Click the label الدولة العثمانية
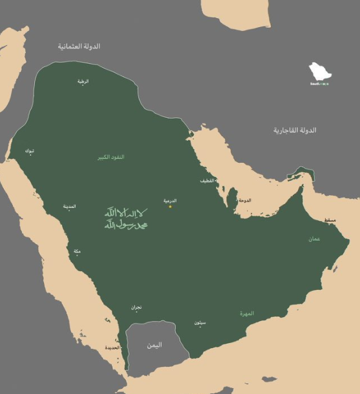pyautogui.click(x=79, y=47)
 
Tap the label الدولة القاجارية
pyautogui.click(x=295, y=130)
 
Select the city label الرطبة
pyautogui.click(x=83, y=81)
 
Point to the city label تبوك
pyautogui.click(x=30, y=150)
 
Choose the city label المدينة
pyautogui.click(x=69, y=206)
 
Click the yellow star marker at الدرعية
pyautogui.click(x=170, y=207)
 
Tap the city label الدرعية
pyautogui.click(x=170, y=200)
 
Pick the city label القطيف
pyautogui.click(x=208, y=180)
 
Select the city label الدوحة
pyautogui.click(x=245, y=200)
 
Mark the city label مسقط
pyautogui.click(x=330, y=220)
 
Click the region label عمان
pyautogui.click(x=314, y=239)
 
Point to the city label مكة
pyautogui.click(x=77, y=251)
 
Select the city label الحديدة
pyautogui.click(x=112, y=347)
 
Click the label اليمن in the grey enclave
pyautogui.click(x=154, y=345)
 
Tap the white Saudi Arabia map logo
pyautogui.click(x=319, y=72)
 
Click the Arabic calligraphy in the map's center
pyautogui.click(x=126, y=218)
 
